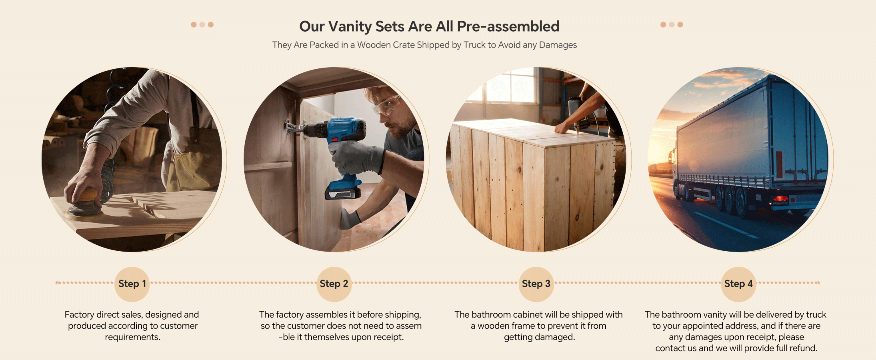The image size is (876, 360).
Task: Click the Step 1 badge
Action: [132, 284]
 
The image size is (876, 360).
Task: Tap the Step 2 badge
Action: [334, 284]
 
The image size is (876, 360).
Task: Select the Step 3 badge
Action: [536, 284]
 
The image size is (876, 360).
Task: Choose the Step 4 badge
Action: [738, 284]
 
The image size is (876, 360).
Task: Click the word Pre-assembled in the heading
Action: [508, 26]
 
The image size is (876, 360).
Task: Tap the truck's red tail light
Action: [780, 198]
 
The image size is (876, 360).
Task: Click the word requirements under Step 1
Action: [132, 337]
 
